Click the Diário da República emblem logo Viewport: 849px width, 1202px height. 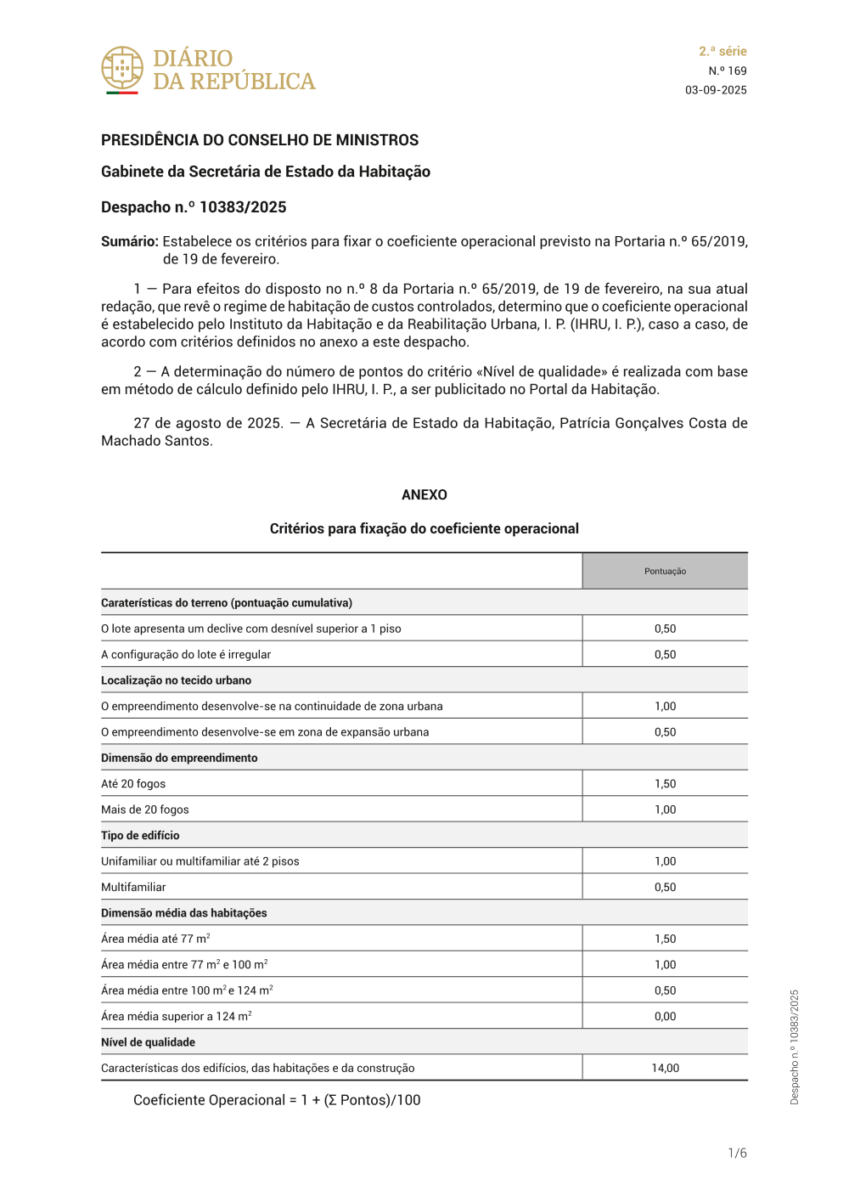pos(122,69)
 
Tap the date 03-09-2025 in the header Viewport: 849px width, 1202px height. pos(716,90)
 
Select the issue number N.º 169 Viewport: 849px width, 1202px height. pos(728,71)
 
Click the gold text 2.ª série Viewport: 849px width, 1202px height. pos(722,51)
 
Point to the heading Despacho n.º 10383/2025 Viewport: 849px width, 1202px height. pos(194,207)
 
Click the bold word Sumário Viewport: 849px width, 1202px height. pos(129,241)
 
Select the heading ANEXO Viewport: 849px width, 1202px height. pos(424,494)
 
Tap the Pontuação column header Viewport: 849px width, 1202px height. pos(665,571)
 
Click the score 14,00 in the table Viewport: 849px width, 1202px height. pos(665,1068)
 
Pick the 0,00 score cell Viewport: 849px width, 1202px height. pos(665,1016)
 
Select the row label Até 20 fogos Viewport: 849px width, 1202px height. pos(133,783)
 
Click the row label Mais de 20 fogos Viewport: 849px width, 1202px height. pos(145,810)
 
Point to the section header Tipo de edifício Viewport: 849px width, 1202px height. pos(140,835)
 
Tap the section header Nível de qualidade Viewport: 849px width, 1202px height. pos(148,1042)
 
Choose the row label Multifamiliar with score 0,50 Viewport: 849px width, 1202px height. pos(133,887)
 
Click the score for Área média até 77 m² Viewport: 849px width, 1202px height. pos(665,939)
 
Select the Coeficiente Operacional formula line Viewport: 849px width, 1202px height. pos(277,1100)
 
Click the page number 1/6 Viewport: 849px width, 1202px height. pos(737,1153)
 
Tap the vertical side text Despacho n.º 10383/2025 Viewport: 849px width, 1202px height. pos(795,1047)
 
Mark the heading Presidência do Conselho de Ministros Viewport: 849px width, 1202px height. pos(260,140)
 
